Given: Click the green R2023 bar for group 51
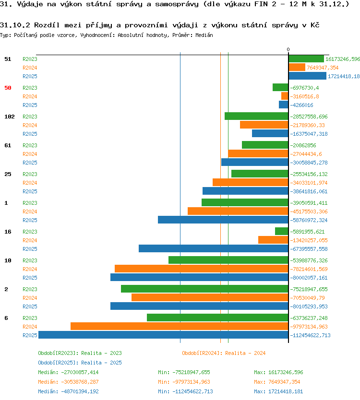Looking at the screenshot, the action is (306, 59).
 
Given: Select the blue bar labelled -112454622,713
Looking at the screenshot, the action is (163, 335).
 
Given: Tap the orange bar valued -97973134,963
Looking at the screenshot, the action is (180, 326).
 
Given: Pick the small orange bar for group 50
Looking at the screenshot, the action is (285, 96).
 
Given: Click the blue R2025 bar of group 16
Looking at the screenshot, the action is (214, 249).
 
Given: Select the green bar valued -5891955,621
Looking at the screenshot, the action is (282, 231).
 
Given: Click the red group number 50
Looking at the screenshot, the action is (8, 88).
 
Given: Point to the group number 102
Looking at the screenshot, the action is (10, 117).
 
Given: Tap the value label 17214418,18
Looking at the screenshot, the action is (344, 76).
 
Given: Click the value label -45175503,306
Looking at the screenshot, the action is (309, 212).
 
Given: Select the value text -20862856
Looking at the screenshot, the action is (303, 145).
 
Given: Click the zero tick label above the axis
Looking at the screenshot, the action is (288, 49).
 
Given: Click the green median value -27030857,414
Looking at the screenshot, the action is (80, 373).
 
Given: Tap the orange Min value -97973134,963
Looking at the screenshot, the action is (191, 382).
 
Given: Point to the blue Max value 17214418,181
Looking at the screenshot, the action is (286, 391).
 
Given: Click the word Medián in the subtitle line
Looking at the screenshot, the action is (204, 35).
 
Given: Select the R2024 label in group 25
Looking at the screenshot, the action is (30, 183).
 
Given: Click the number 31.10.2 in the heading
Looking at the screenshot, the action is (15, 25).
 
